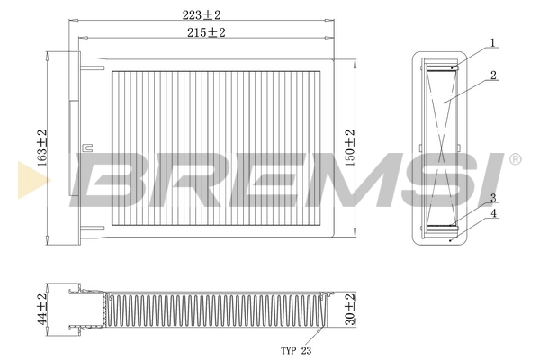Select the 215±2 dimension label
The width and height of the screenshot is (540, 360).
(x=206, y=32)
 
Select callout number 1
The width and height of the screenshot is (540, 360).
(x=494, y=42)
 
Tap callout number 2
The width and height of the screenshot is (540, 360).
(x=494, y=76)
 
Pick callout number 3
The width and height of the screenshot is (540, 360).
(x=494, y=197)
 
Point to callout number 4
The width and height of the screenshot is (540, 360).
(x=494, y=213)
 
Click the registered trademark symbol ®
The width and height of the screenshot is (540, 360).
(x=515, y=159)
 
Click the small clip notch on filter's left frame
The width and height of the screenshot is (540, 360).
(x=87, y=147)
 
